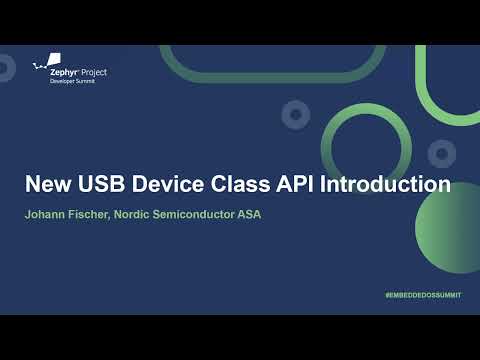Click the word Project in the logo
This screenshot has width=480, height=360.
(93, 72)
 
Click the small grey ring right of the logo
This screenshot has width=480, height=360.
(294, 115)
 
